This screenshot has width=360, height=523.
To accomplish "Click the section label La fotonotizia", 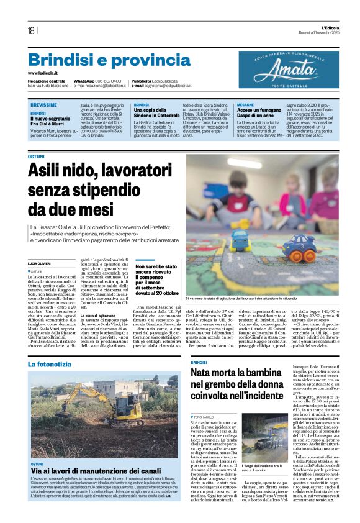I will (53, 363).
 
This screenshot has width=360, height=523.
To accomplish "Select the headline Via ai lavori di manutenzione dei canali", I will (92, 471).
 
